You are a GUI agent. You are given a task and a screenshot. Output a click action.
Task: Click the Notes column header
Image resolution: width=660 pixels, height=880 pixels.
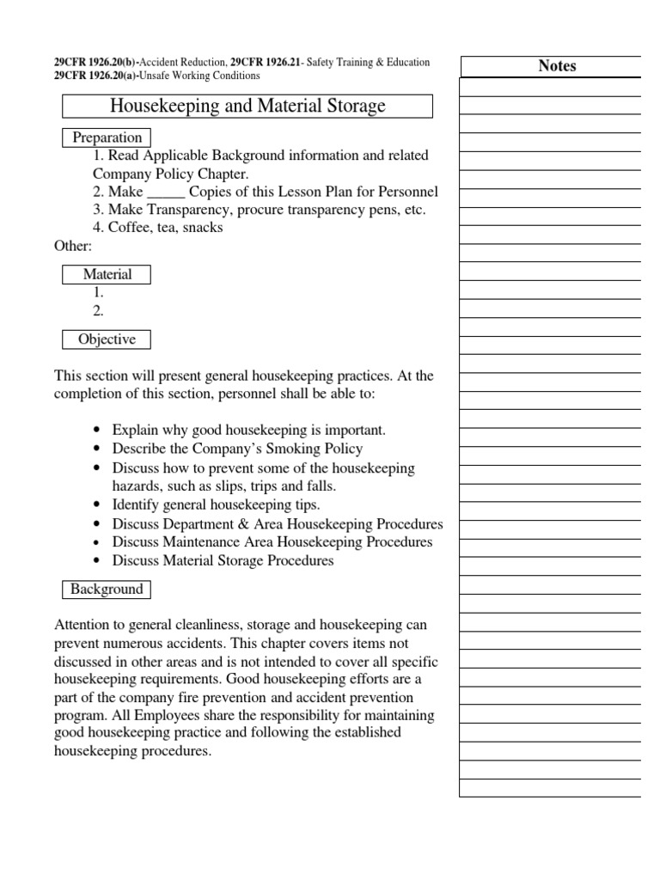coord(557,66)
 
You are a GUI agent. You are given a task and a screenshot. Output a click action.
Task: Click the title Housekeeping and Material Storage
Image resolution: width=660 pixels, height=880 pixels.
coord(247,107)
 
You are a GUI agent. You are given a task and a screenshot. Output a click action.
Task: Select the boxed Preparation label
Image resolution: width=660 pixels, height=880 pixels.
coord(107,137)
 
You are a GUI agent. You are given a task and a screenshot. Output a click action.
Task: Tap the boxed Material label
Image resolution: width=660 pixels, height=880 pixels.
coord(107,275)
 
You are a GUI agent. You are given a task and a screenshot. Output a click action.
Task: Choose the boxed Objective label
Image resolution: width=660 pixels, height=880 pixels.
coord(107,339)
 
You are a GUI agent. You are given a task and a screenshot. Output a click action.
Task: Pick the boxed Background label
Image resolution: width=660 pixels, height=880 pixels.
coord(107,590)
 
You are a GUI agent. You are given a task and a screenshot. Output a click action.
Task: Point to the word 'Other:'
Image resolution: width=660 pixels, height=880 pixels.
coord(73,246)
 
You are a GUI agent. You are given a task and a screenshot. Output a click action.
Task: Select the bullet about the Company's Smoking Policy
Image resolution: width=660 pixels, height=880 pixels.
coord(237,449)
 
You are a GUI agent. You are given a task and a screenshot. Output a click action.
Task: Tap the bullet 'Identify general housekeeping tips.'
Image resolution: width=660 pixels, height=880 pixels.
coord(216,504)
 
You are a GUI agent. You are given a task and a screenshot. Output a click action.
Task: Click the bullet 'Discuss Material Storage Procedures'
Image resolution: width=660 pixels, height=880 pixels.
coord(223,561)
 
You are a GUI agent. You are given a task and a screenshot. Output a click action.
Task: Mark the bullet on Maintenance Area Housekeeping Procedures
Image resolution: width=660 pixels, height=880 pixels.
coord(272,542)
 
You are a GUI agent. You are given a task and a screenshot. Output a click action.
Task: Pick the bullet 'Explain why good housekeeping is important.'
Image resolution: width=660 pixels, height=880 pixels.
coord(249,430)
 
